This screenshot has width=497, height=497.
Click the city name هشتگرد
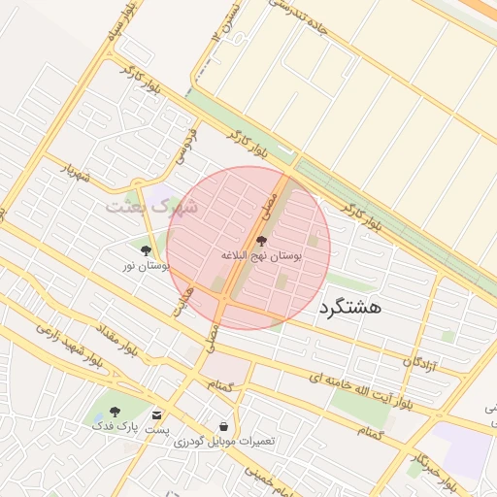point(350,308)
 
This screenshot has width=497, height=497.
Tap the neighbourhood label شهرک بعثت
point(151,207)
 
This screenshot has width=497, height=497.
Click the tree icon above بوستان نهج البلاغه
point(261,241)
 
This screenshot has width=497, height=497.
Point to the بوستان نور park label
point(147,265)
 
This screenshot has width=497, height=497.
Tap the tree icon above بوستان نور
point(146,250)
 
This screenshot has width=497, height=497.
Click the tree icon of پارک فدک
point(116,412)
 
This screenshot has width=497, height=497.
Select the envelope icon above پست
point(156,414)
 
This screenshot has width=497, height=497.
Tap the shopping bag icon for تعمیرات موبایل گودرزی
point(224,426)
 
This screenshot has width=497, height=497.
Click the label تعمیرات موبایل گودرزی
point(224,442)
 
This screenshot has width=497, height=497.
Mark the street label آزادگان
point(420,362)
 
